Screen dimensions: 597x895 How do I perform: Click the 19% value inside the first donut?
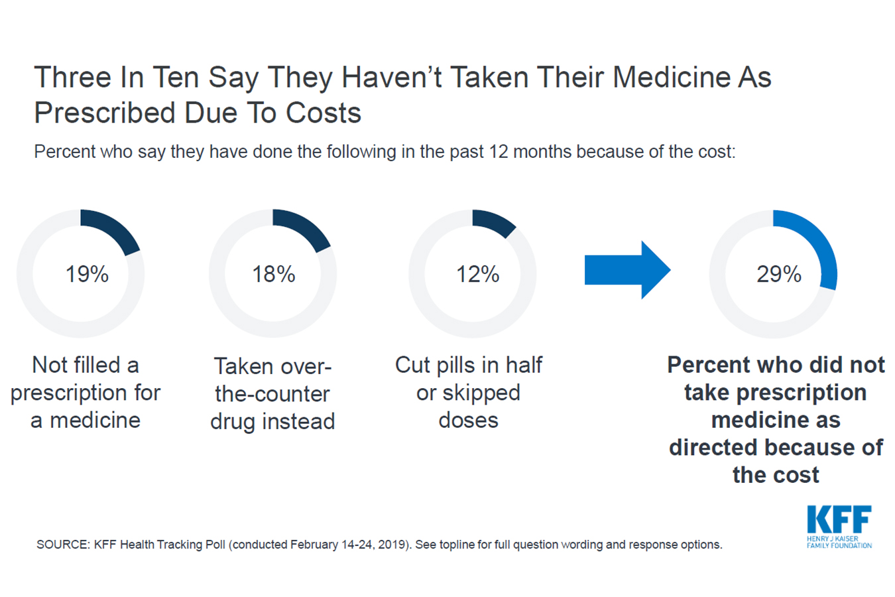[87, 274]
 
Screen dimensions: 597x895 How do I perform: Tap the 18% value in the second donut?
[273, 274]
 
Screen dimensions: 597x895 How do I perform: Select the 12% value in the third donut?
[477, 274]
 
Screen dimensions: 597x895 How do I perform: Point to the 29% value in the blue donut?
[779, 274]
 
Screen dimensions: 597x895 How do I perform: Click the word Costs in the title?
[324, 113]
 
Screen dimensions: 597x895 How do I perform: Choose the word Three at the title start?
[73, 78]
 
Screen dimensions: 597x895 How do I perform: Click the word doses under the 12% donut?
[468, 421]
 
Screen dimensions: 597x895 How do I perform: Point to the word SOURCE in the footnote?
[62, 545]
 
